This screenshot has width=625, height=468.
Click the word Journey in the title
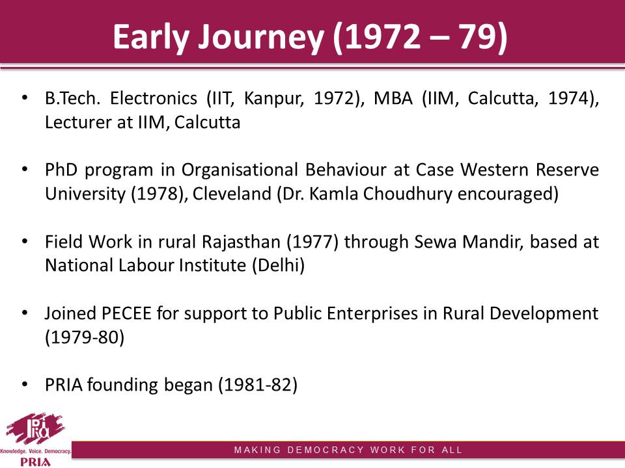coord(261,37)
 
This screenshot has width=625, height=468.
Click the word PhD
coord(61,170)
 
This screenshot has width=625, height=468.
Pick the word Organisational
coord(240,170)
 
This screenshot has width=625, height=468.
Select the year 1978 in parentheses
coord(155,194)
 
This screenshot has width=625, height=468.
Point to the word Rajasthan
coord(241,242)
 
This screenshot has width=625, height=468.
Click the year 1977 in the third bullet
coord(312,242)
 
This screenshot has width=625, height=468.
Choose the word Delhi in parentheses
coord(278,265)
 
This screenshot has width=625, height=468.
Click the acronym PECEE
coord(126,313)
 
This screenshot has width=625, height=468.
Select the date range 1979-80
coord(85,337)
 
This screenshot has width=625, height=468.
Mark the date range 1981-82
coord(258,385)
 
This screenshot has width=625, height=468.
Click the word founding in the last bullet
coord(122,385)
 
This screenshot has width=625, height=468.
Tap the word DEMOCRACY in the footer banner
coord(326,450)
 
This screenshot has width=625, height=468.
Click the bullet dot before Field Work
coord(25,241)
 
